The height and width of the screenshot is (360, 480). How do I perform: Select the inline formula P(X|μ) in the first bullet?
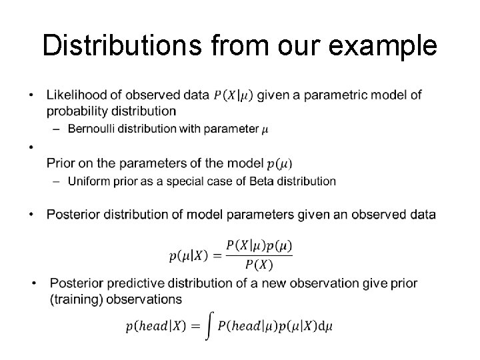[x=233, y=96]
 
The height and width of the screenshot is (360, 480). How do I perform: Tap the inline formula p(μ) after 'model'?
[x=279, y=163]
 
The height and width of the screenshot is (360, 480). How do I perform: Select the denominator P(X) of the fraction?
[x=258, y=265]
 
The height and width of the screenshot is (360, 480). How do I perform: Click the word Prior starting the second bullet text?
[x=61, y=163]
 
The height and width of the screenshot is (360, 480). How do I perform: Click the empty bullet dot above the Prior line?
[x=31, y=146]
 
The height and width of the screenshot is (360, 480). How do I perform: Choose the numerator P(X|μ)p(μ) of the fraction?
[x=259, y=245]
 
